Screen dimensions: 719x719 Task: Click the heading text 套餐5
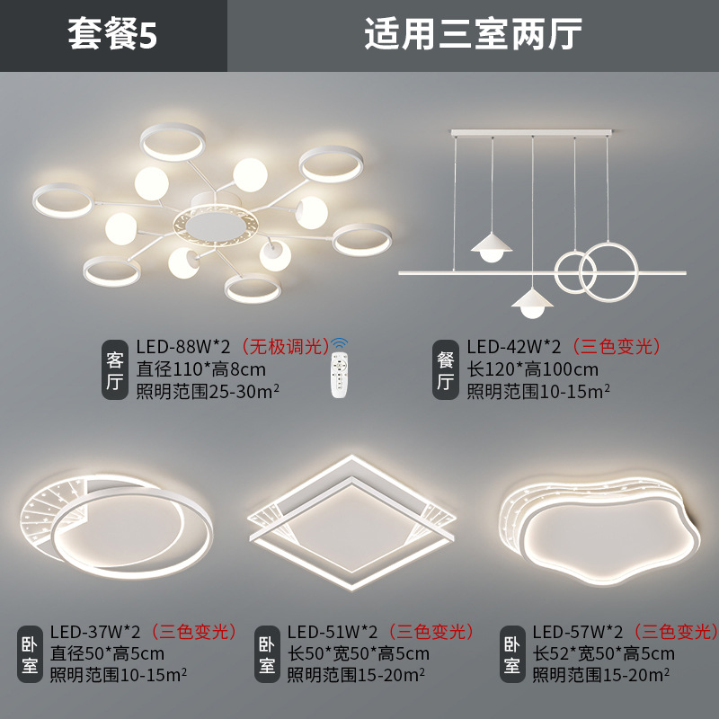pos(113,35)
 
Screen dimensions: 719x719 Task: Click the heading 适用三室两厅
pos(474,35)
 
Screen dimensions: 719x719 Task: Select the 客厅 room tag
pos(115,369)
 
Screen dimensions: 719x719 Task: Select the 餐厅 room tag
pos(445,369)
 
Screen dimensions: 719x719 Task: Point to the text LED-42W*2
pos(513,347)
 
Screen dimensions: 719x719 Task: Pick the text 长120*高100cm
pos(532,368)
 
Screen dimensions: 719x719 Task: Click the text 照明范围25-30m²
pos(209,390)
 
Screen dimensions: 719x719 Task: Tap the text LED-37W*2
pos(95,632)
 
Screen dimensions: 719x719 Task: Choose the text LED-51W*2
pos(333,632)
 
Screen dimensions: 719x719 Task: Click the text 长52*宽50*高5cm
pos(603,653)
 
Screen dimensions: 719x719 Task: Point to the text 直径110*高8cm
pos(200,368)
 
